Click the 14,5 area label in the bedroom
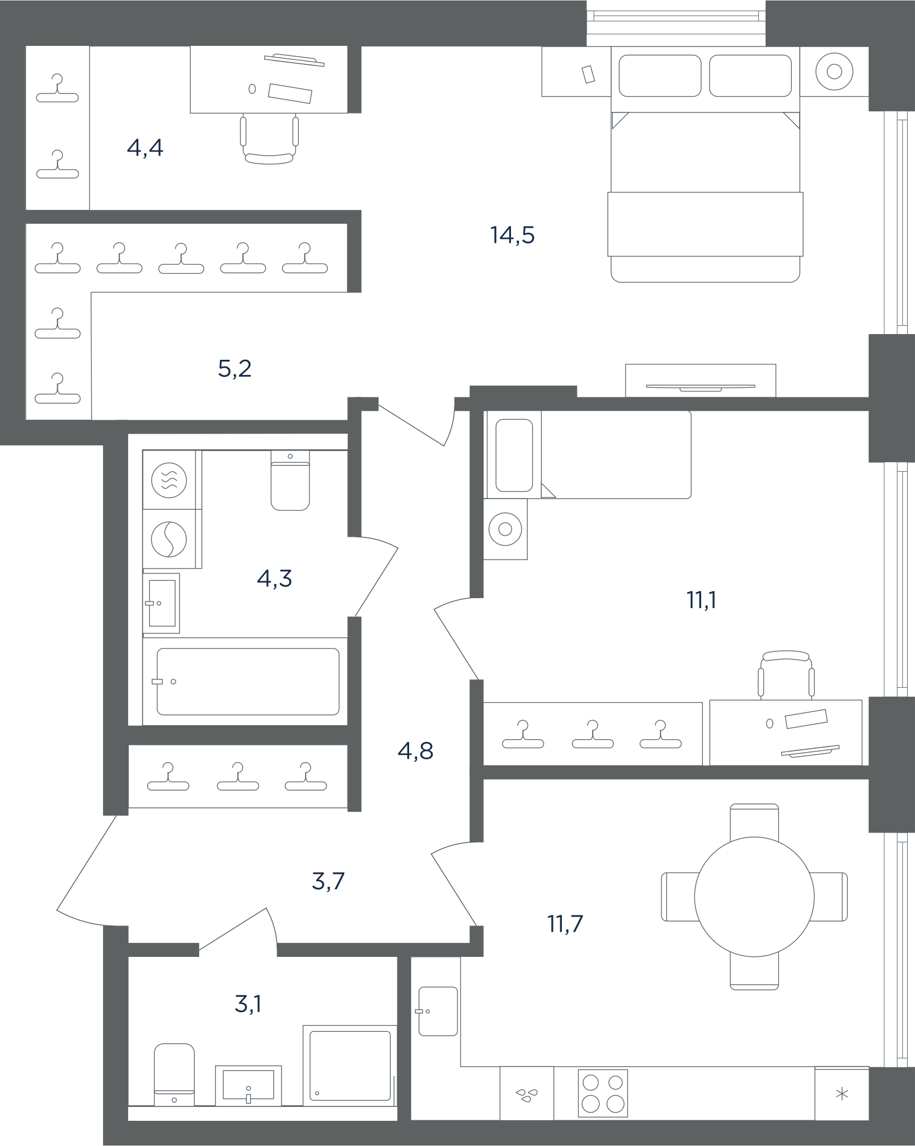tap(512, 236)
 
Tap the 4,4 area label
tap(145, 148)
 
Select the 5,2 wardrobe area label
tap(234, 369)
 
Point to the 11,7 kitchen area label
tap(565, 924)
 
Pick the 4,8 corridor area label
tap(415, 751)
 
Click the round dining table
tap(754, 897)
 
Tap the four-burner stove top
tap(603, 1093)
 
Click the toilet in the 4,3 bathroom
tap(290, 481)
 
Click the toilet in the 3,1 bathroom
tap(174, 1074)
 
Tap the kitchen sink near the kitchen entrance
tap(438, 1011)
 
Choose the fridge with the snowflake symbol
tap(842, 1094)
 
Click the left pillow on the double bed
tap(660, 76)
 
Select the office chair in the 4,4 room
tap(269, 139)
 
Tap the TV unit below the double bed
tap(701, 381)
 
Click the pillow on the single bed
tap(514, 455)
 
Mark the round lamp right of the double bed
tap(834, 72)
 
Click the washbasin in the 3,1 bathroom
tap(248, 1086)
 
